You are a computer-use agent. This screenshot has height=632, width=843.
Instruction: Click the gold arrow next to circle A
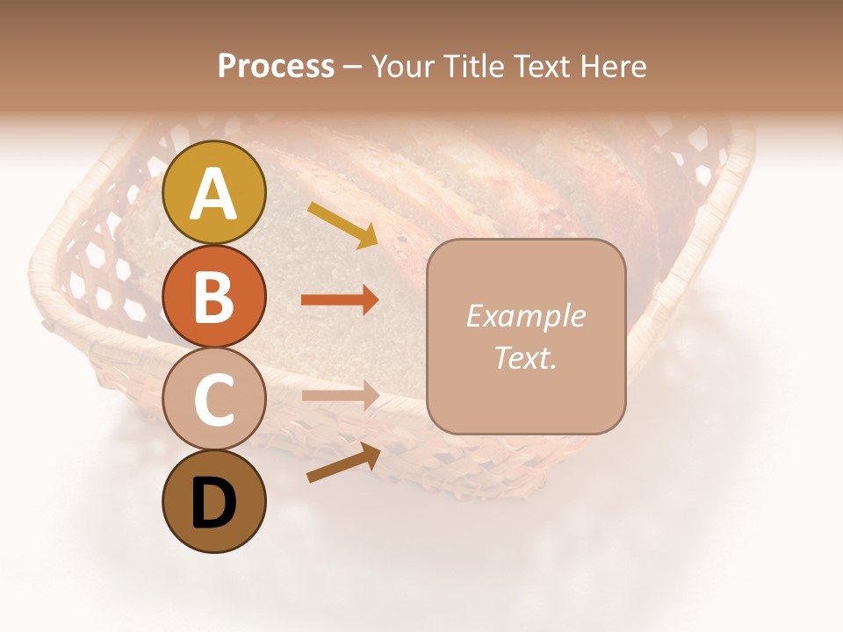(x=342, y=225)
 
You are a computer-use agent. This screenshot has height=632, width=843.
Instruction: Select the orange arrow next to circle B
(x=340, y=300)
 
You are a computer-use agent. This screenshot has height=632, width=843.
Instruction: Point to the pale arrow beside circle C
(x=340, y=396)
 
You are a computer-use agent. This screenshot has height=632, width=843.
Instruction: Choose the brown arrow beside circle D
(x=343, y=463)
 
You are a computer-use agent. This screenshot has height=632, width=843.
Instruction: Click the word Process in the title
(x=276, y=67)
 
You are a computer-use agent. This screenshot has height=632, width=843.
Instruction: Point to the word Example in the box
(x=525, y=316)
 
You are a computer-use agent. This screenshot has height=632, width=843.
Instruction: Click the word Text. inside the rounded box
(x=525, y=357)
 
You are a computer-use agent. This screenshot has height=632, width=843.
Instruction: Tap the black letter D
(x=213, y=504)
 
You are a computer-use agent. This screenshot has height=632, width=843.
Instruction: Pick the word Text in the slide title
(x=545, y=67)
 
